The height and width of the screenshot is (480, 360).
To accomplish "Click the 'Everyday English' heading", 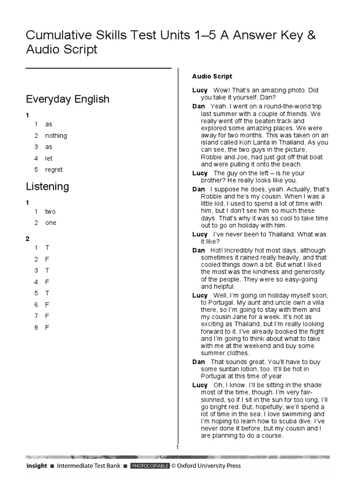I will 67,99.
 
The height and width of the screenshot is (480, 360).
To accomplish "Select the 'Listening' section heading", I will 47,187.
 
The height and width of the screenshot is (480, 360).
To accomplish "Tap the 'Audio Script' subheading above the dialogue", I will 212,76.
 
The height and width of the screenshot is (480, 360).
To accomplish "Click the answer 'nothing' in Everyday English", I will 56,136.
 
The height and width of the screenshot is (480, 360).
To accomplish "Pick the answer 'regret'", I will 54,170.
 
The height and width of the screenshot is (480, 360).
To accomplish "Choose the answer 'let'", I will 49,158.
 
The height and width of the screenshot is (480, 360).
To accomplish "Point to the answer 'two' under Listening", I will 50,211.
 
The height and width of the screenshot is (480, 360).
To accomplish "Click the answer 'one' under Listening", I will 51,223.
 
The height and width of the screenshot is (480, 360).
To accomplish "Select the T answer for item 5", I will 47,293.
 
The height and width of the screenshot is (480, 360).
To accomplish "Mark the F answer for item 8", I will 47,327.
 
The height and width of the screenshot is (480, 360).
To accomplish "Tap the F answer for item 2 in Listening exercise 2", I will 47,259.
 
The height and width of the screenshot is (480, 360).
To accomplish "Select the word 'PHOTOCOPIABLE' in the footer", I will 150,466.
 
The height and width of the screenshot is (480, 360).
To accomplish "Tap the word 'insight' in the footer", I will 37,466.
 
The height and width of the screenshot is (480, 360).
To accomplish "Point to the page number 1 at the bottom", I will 178,447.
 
